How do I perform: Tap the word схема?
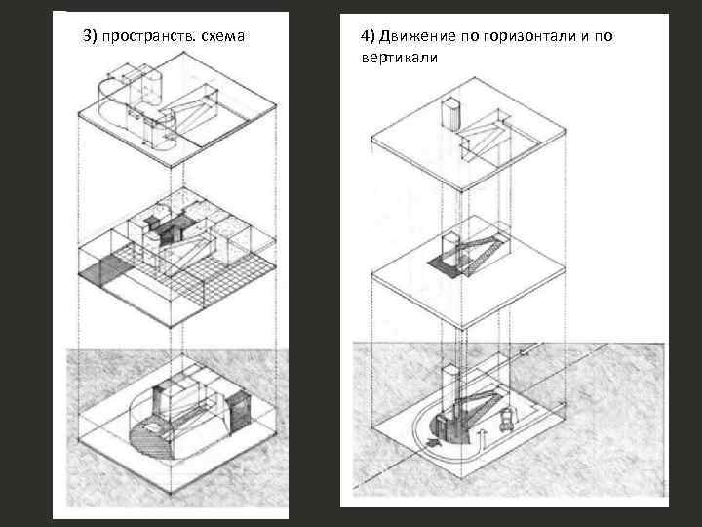[223, 36]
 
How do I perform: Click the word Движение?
[415, 36]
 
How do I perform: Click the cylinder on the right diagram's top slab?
[451, 112]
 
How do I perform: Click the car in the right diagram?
[507, 422]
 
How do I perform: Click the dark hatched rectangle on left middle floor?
[102, 267]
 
